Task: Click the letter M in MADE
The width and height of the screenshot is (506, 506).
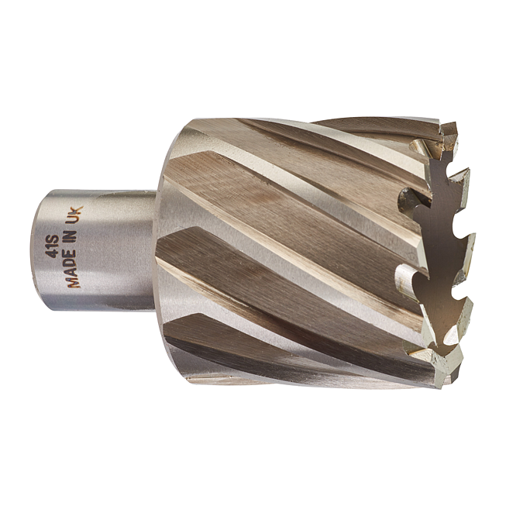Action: coord(74,282)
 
